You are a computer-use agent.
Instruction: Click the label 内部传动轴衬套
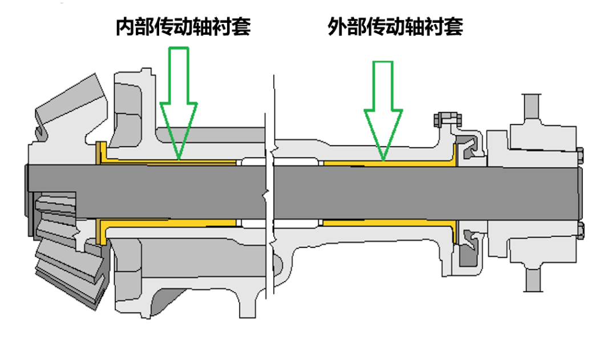click(x=183, y=26)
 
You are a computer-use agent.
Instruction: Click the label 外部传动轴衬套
click(x=395, y=26)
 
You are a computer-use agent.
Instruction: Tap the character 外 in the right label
click(x=337, y=26)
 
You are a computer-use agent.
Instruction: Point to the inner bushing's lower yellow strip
click(x=171, y=222)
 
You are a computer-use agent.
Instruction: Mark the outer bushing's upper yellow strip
click(x=388, y=163)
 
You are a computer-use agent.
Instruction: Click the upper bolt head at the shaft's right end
click(x=580, y=155)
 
